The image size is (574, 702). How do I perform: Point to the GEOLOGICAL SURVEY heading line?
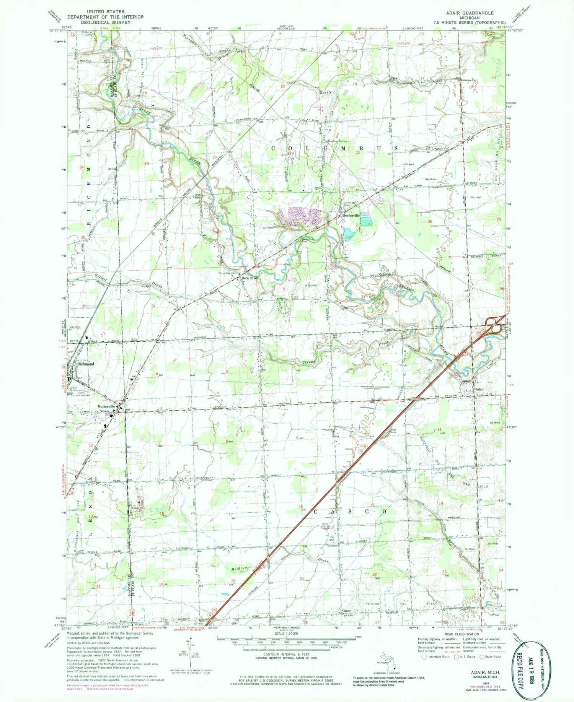coord(99,22)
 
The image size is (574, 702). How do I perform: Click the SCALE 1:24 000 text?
coord(287,638)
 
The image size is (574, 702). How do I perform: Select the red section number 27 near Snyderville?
coord(357,225)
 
